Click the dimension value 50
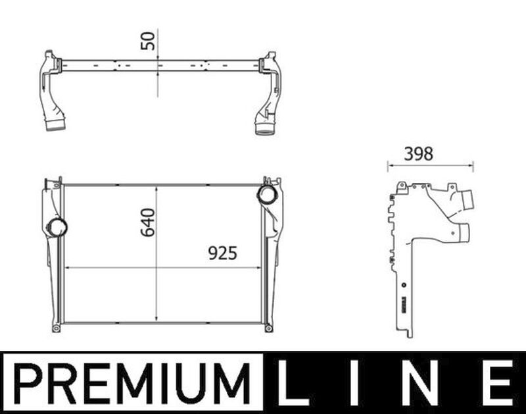[x=148, y=41]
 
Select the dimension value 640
[x=148, y=222]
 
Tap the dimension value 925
[x=222, y=253]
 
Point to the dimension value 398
[x=418, y=154]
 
